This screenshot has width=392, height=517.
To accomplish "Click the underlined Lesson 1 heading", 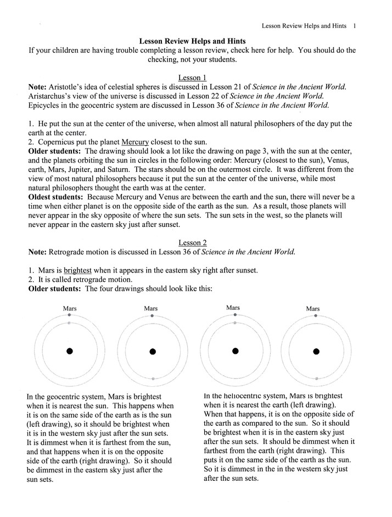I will coord(192,78).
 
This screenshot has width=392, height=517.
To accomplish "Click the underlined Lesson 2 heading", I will coord(192,242).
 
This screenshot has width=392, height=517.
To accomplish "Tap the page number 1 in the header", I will coord(355,25).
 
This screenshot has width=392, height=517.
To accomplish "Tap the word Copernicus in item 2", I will coord(58,141).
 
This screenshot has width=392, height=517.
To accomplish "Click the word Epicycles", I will coord(46,105).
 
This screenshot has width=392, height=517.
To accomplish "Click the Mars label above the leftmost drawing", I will coord(70,309).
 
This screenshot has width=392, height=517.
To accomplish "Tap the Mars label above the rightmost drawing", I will coord(313,309).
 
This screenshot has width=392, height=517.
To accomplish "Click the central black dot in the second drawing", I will coord(153,351).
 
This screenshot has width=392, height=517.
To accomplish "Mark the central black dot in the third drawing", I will coord(235,351).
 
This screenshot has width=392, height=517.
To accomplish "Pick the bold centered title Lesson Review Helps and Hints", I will coord(192,41).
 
